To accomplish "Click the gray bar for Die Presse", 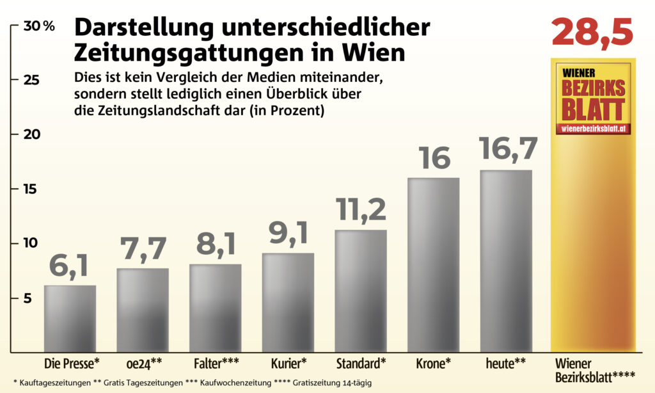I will point(70,319).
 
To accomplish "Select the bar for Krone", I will point(433,264).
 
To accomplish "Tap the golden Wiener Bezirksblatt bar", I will point(593,243).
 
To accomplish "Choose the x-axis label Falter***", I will point(216,364).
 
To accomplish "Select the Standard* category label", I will point(361,364).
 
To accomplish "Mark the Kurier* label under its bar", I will point(288,364).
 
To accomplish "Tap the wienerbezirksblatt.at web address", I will point(593,129).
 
